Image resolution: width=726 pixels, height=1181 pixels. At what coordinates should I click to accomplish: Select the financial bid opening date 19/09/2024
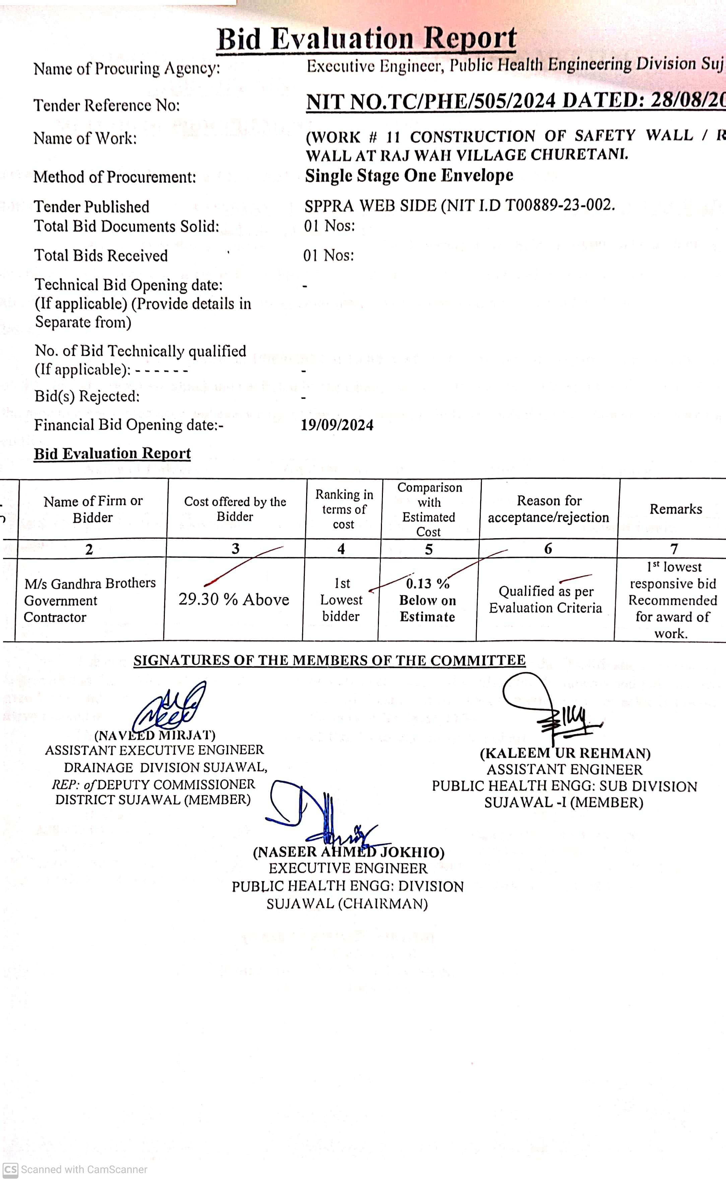click(337, 425)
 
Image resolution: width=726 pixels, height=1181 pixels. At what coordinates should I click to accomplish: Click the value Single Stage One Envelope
click(409, 176)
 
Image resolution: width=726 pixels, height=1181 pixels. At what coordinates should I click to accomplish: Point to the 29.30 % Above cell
click(234, 600)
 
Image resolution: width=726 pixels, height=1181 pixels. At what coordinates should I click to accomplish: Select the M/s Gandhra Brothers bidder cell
click(90, 600)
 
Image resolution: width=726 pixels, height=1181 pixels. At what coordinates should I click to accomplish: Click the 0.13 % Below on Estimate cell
click(427, 600)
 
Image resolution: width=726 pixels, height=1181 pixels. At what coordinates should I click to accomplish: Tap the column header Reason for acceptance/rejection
click(549, 509)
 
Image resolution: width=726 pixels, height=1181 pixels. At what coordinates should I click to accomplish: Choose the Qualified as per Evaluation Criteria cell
click(545, 600)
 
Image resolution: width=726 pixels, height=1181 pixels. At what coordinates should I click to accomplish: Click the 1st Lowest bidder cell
click(341, 600)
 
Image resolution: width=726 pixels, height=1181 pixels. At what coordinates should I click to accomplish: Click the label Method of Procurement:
click(115, 177)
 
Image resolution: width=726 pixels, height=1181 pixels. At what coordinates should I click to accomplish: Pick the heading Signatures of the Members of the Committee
click(329, 660)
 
